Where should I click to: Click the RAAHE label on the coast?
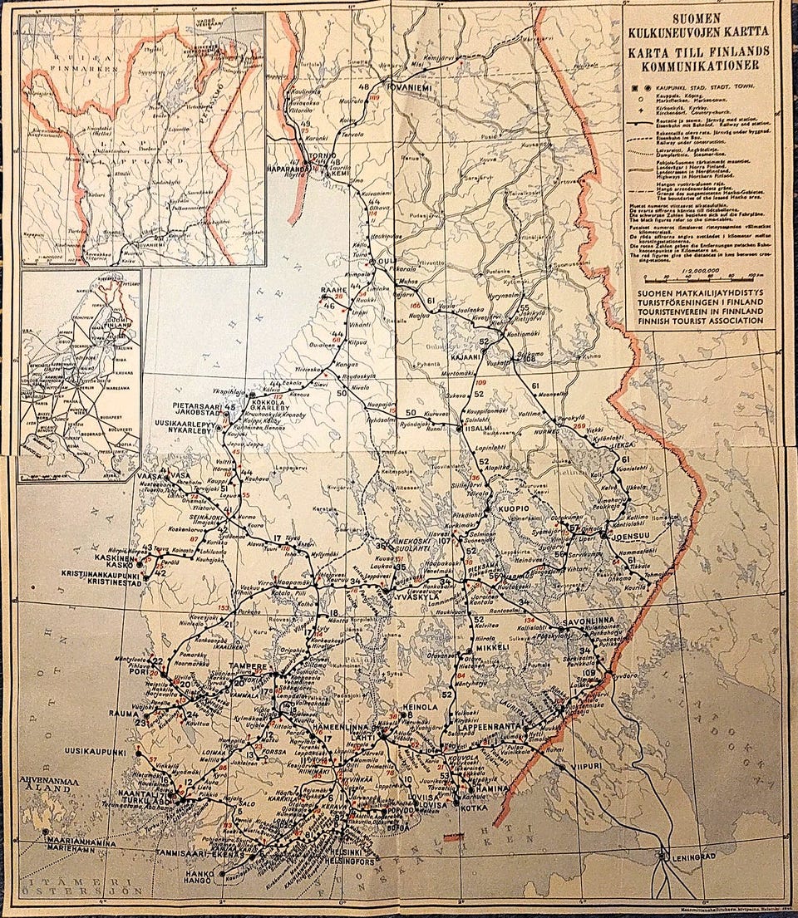pyautogui.click(x=333, y=290)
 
